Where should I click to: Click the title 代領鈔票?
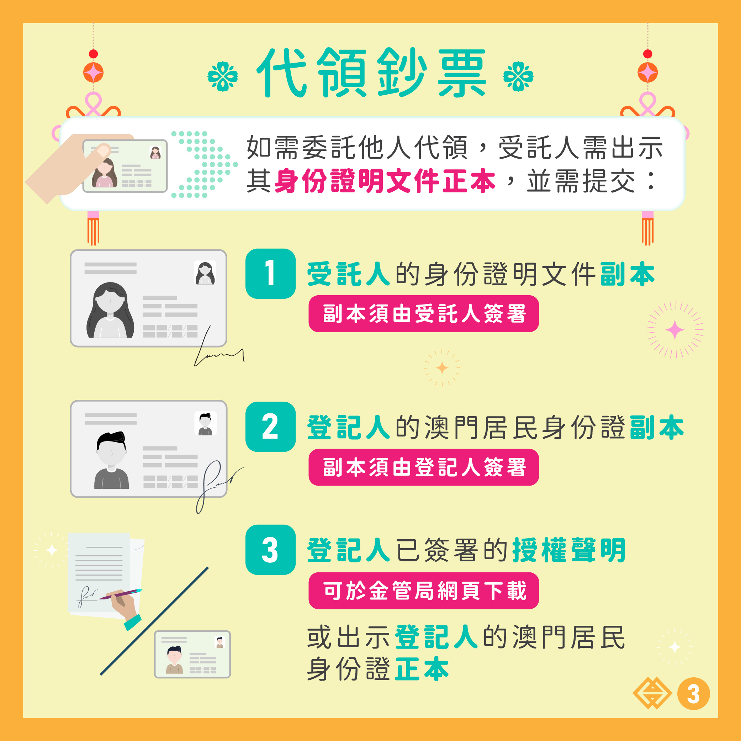(x=372, y=73)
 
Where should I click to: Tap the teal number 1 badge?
(x=270, y=274)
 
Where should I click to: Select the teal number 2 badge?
(x=270, y=427)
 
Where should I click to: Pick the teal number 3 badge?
(x=270, y=550)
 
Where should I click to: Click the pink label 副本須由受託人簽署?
(x=424, y=314)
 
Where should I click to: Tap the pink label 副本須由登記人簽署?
(x=424, y=467)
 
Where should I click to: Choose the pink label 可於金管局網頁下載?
(x=424, y=591)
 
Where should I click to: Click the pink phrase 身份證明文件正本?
(x=385, y=181)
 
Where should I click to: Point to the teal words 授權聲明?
(x=569, y=550)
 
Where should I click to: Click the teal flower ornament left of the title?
(x=223, y=76)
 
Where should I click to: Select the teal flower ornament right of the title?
(x=518, y=76)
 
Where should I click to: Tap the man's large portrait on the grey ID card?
(x=111, y=460)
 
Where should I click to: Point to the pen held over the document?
(x=121, y=594)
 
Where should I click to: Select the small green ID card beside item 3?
(x=192, y=654)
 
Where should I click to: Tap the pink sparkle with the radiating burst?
(x=674, y=330)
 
